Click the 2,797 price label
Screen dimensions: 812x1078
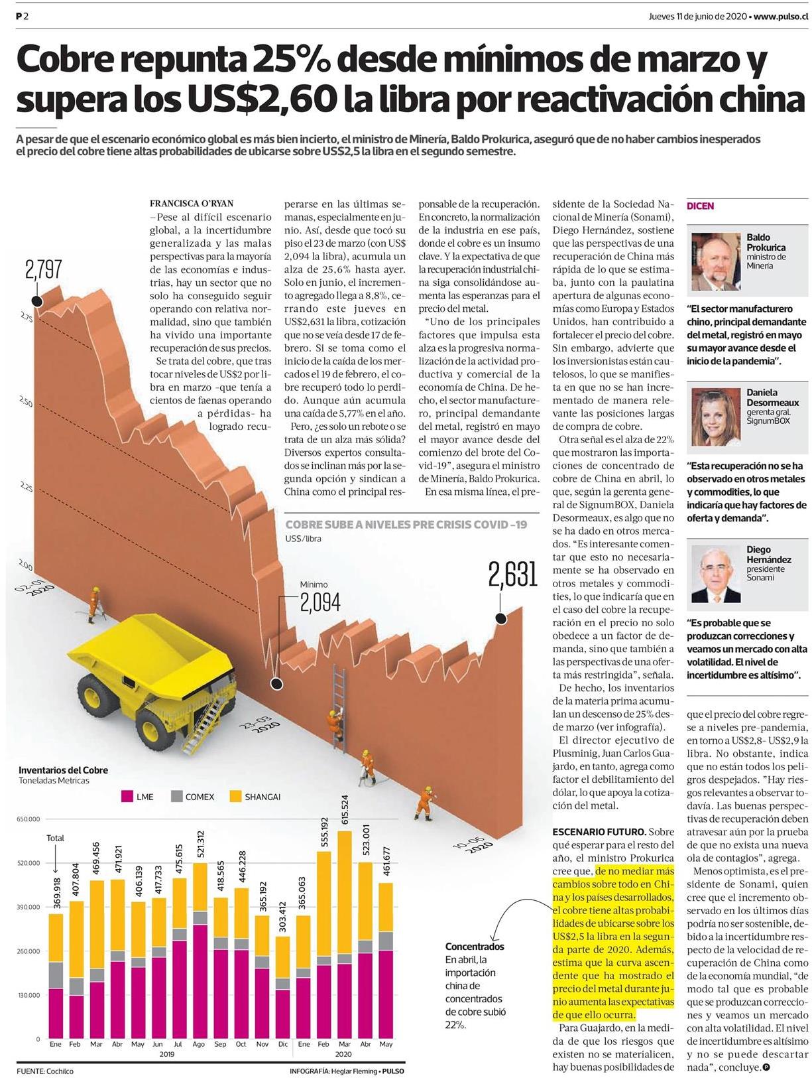pyautogui.click(x=44, y=269)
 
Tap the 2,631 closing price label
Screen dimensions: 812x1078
pyautogui.click(x=512, y=574)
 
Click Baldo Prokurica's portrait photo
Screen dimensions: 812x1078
pyautogui.click(x=715, y=261)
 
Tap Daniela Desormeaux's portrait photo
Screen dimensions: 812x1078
pyautogui.click(x=715, y=417)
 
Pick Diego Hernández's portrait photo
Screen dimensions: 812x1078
pyautogui.click(x=715, y=574)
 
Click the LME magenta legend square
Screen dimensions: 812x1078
pyautogui.click(x=127, y=797)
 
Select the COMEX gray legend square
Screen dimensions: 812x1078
pyautogui.click(x=176, y=797)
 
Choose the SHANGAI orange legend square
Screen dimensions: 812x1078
pyautogui.click(x=236, y=797)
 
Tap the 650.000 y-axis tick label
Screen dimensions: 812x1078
pyautogui.click(x=28, y=819)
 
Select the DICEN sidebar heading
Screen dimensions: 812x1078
pyautogui.click(x=701, y=206)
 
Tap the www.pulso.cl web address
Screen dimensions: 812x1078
pyautogui.click(x=781, y=16)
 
